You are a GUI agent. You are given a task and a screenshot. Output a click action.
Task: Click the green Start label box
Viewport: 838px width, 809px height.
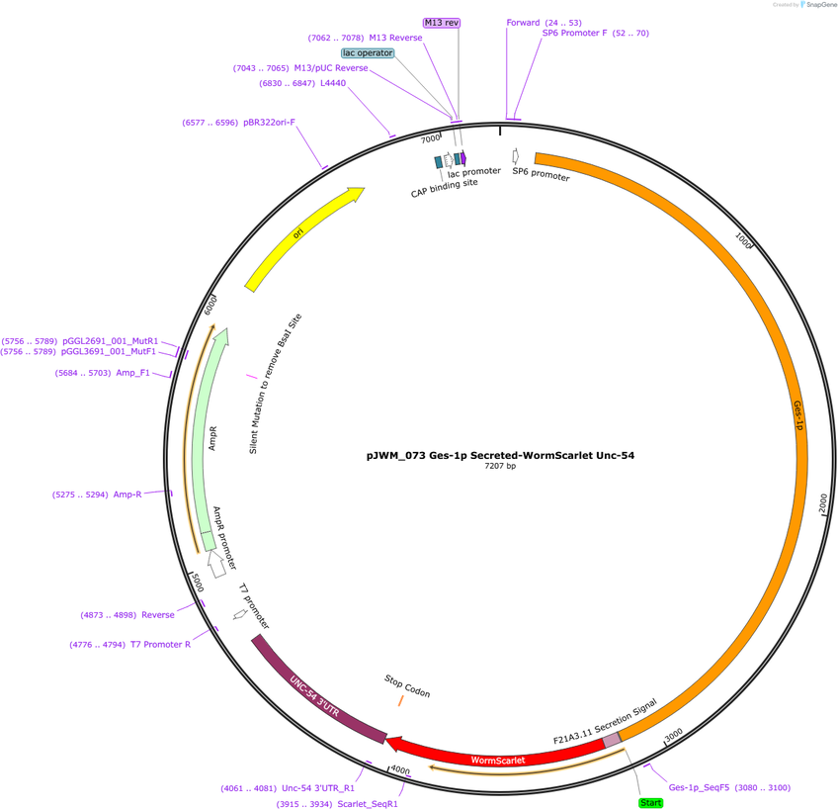point(650,803)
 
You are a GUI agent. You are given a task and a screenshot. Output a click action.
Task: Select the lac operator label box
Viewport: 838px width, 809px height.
point(368,53)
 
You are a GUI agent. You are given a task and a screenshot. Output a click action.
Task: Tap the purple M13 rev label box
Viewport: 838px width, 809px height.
point(442,23)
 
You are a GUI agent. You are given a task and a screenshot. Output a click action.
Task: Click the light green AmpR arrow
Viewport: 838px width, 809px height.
point(209,438)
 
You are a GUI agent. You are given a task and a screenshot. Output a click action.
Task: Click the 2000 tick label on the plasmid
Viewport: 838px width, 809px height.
point(823,503)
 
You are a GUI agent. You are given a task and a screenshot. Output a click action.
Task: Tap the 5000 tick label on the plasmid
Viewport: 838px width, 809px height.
point(198,583)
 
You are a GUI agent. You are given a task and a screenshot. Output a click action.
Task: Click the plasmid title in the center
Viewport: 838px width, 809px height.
point(500,456)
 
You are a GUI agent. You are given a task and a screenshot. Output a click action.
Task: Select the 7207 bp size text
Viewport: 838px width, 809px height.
point(500,466)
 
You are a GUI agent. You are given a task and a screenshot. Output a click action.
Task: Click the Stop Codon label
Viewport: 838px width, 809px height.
point(407,686)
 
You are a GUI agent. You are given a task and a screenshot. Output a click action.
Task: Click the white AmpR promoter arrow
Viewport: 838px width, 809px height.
point(216,564)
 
